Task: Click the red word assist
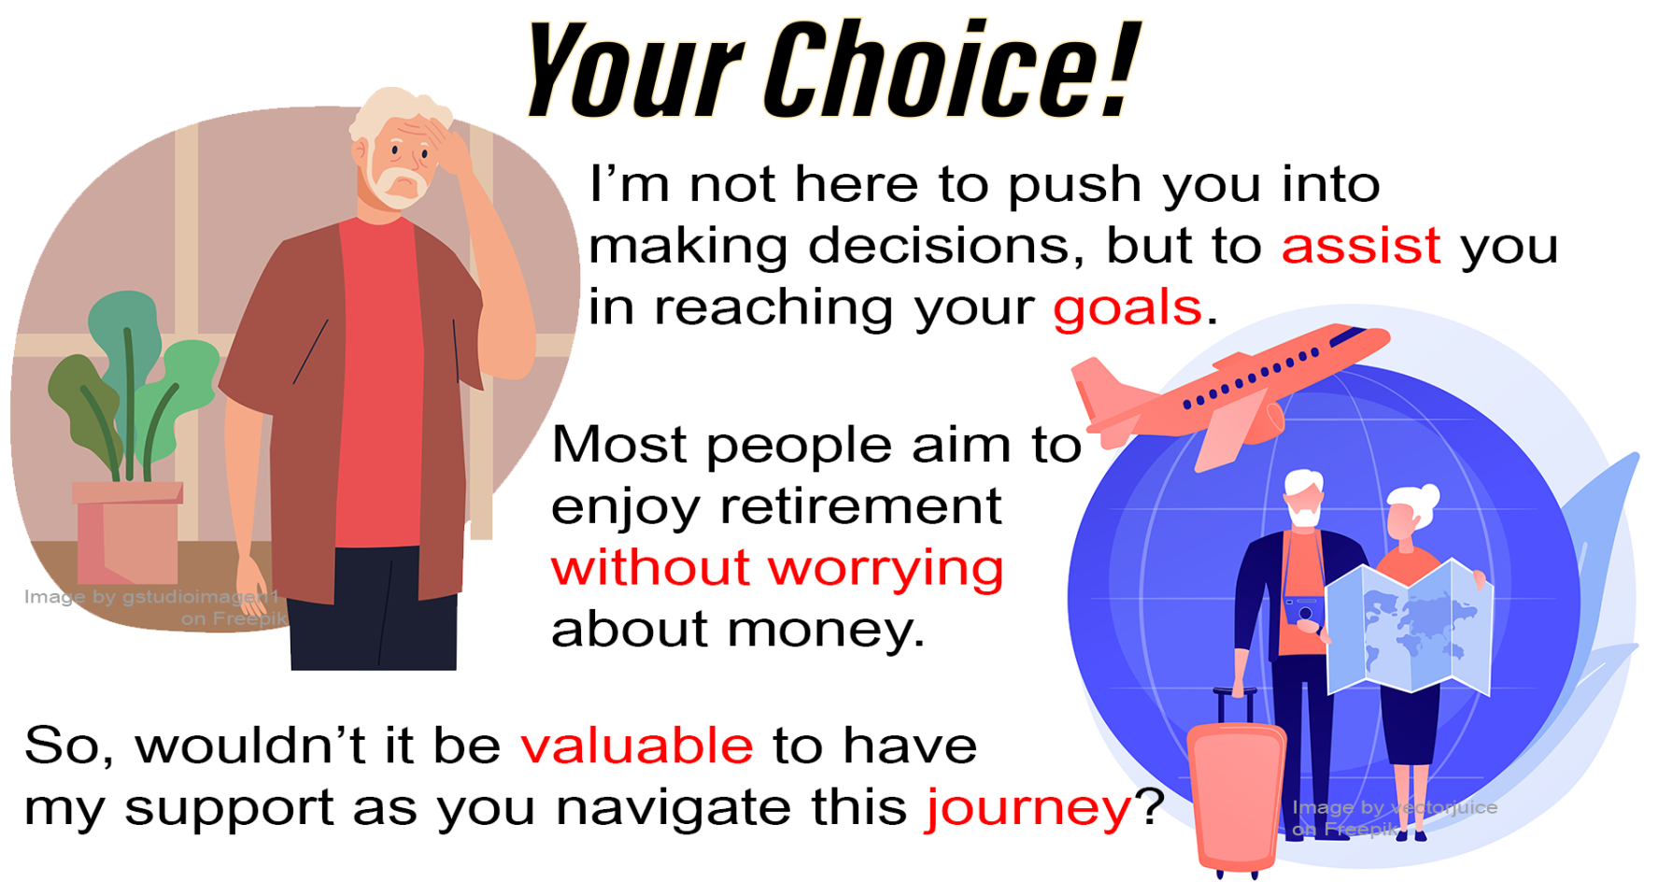click(x=1360, y=246)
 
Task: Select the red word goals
click(x=1127, y=309)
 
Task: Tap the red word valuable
click(x=637, y=746)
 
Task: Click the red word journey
click(x=1028, y=810)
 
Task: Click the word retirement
click(x=860, y=506)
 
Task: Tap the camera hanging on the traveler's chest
click(x=1304, y=610)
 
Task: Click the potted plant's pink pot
click(x=128, y=533)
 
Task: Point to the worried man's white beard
click(x=400, y=182)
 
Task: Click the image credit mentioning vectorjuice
click(x=1393, y=818)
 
